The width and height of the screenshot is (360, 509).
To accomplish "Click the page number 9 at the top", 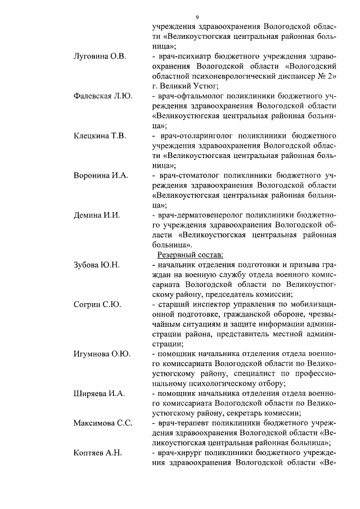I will point(197,17).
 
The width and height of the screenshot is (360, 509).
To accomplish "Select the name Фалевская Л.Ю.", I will point(103,96).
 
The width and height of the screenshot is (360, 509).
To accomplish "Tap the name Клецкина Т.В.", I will point(100,136).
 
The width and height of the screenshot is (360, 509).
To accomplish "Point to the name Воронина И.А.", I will point(101,175).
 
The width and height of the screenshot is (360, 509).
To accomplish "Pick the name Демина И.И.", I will point(97,215).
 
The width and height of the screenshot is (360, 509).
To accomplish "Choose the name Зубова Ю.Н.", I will point(97,264).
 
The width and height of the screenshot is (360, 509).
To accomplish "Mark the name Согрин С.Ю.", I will point(97,304).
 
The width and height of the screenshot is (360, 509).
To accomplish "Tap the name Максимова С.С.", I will point(103,423).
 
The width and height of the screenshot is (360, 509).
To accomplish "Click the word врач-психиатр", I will point(183,57).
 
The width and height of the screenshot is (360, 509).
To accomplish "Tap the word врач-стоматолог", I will point(188,175).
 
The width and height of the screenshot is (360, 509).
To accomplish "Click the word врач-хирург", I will point(178,453).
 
